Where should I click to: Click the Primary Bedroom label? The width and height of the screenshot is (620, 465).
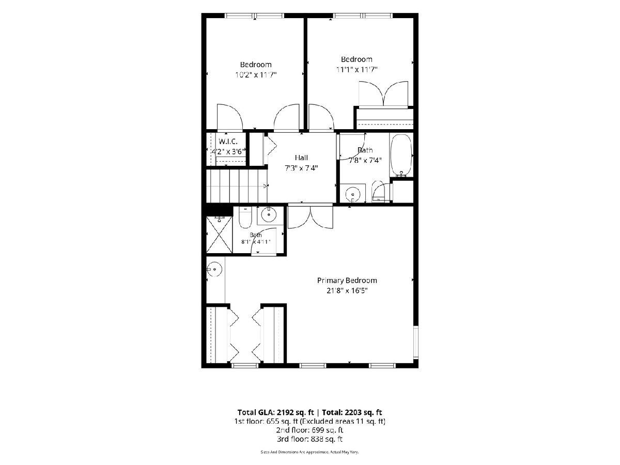coord(347,281)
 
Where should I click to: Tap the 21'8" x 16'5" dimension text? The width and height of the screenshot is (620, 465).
coord(347,290)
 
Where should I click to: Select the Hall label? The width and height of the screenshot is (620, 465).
coord(301,158)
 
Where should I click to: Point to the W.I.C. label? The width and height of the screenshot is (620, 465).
coord(228,141)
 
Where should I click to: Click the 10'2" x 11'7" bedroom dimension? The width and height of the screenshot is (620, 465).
coord(256,75)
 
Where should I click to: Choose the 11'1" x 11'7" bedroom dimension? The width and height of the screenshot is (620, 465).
coord(357,69)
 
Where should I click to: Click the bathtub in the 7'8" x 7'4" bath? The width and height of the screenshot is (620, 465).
coord(401,156)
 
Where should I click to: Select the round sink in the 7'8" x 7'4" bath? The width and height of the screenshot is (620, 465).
coord(352,193)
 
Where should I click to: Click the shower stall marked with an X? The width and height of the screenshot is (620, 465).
coord(219,235)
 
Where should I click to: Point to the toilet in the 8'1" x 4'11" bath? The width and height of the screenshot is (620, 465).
coord(245,218)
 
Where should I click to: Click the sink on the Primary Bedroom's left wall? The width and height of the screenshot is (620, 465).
coord(214,269)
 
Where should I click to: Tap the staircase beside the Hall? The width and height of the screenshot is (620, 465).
coord(237,186)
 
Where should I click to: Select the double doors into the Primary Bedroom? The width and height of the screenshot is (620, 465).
coord(311,217)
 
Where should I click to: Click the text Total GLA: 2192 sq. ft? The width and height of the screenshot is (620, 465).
coord(276,412)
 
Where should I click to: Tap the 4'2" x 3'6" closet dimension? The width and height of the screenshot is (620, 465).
coord(228,151)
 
